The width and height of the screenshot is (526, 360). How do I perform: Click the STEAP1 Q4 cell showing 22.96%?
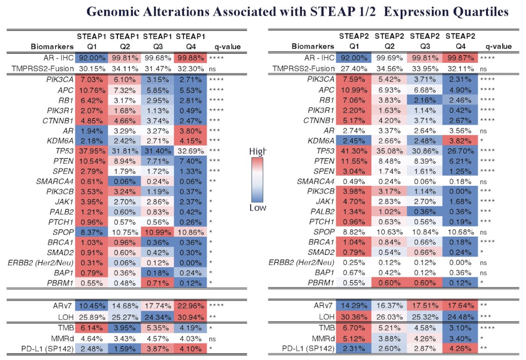coord(190,306)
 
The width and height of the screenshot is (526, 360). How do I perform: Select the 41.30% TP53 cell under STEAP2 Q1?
coord(354,151)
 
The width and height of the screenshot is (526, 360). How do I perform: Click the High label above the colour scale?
coord(258,151)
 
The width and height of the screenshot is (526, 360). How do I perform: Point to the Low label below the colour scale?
coord(258,207)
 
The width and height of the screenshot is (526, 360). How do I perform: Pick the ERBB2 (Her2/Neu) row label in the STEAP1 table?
coord(41,263)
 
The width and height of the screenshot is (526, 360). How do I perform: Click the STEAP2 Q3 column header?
coord(425,41)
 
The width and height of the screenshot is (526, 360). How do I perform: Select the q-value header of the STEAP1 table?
coord(227,47)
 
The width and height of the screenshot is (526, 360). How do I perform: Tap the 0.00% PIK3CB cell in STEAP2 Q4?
coord(460,191)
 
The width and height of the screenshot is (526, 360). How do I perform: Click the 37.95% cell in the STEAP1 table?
coord(92,151)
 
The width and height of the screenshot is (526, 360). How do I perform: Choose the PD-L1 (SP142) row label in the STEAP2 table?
coord(308,349)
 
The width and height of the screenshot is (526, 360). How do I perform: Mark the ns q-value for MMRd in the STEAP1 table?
coord(212,339)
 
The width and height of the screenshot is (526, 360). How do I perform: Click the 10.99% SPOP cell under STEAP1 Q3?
coord(157,232)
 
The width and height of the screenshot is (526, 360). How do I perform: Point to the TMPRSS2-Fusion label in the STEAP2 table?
coord(303,68)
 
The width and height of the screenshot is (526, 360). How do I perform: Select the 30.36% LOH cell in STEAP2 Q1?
coord(354,317)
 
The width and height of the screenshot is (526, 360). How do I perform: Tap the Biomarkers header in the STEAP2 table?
coord(313,46)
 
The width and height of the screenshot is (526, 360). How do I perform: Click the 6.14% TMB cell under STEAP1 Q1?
coord(92,328)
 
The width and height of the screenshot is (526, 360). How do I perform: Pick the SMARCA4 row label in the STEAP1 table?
coord(55,182)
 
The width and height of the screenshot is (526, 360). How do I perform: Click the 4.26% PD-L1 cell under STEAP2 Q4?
coord(460,348)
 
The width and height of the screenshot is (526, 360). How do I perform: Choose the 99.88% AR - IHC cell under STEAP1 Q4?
coord(190,58)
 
